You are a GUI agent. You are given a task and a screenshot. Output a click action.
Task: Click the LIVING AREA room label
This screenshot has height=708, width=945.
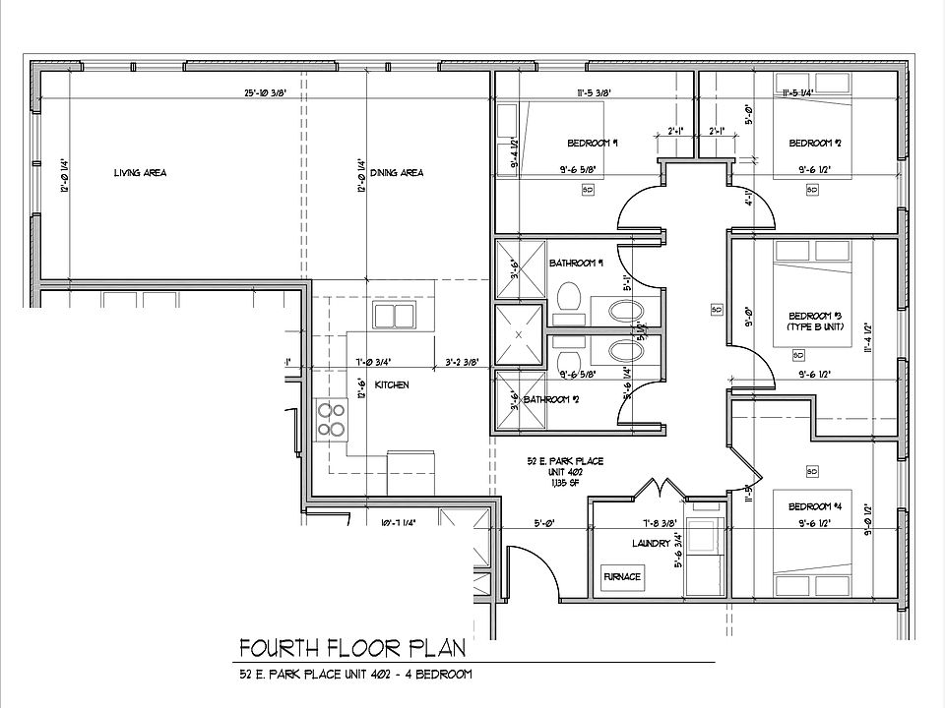tap(140, 173)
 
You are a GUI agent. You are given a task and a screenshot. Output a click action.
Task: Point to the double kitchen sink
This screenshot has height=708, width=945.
tap(393, 317)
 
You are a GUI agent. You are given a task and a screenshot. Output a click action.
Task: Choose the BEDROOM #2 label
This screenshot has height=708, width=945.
tap(814, 142)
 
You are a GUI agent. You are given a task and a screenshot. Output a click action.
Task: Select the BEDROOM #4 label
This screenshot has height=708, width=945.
tap(815, 507)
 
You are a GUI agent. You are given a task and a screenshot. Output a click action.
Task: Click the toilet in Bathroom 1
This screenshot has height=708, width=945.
tap(568, 296)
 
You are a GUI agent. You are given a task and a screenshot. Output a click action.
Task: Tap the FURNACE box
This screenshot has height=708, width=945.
tap(622, 575)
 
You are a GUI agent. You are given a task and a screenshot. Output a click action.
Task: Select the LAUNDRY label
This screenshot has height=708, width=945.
tap(652, 543)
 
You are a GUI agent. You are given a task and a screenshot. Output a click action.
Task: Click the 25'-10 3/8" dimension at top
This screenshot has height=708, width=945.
tap(265, 93)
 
